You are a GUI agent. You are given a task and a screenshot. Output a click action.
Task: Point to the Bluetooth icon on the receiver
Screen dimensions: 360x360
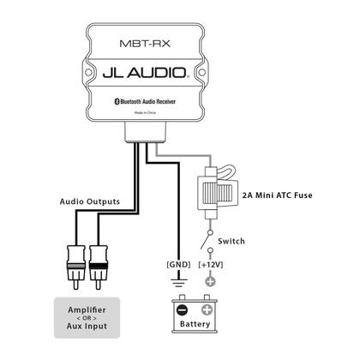click(118, 101)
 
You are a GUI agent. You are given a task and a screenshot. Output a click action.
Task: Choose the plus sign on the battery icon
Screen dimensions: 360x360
click(206, 309)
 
